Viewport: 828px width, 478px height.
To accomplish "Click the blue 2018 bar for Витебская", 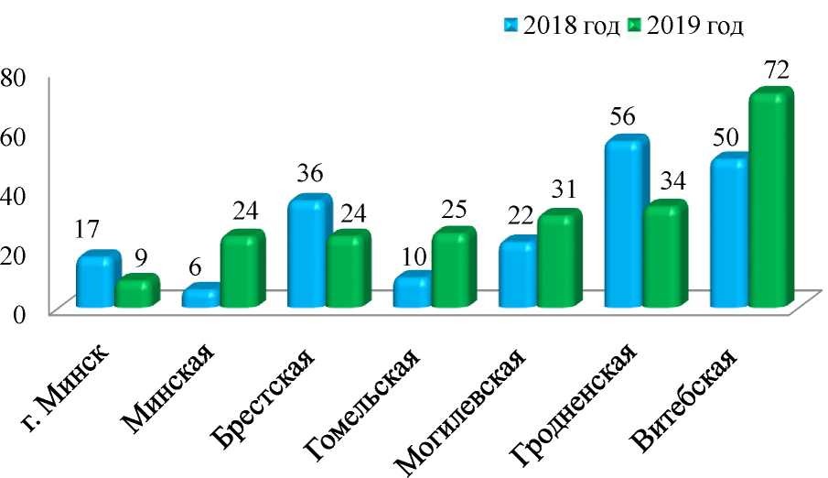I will coord(729,234).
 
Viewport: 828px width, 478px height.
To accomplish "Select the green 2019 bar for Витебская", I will coord(769,201).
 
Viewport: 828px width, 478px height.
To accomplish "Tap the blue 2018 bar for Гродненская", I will coord(624,224).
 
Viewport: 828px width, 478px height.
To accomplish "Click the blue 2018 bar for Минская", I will coord(200,297).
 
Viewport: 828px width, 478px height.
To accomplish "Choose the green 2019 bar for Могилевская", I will coord(558,261).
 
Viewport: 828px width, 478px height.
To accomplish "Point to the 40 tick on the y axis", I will coord(14,193).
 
